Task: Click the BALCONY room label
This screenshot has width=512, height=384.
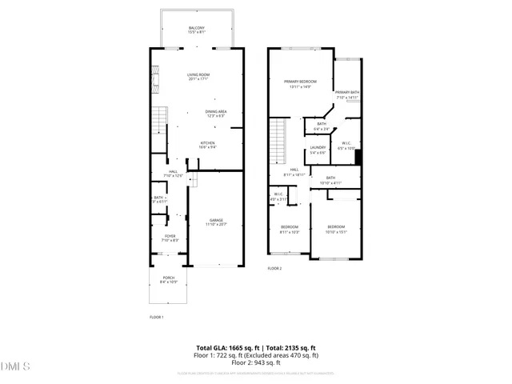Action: tap(197, 29)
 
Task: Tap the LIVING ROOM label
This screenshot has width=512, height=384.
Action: tap(197, 75)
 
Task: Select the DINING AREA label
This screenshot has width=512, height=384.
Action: tap(216, 111)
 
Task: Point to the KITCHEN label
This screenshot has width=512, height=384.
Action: tap(208, 142)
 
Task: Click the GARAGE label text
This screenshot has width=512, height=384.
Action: tap(216, 220)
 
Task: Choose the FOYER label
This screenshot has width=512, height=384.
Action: tap(170, 236)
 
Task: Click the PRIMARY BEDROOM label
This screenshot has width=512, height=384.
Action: tap(300, 82)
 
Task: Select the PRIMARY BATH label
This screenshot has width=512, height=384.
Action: tap(346, 93)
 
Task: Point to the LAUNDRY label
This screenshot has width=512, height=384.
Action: tap(318, 148)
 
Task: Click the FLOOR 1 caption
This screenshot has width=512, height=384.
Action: tap(157, 318)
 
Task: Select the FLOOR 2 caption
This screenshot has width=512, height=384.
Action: tap(274, 268)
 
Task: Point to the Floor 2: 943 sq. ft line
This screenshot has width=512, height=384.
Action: tap(256, 362)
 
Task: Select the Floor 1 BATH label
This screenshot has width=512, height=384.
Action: tap(158, 198)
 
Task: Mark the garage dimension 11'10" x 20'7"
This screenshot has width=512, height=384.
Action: tap(216, 225)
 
